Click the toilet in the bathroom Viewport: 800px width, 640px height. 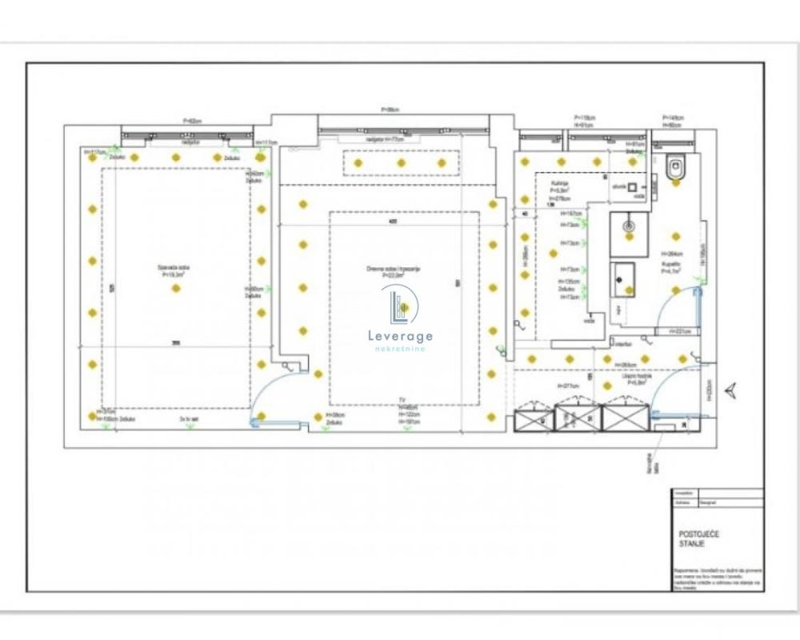(x=675, y=167)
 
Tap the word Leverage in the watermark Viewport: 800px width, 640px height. (x=400, y=336)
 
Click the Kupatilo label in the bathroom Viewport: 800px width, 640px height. (x=670, y=267)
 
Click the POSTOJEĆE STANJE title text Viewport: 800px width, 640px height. (x=691, y=538)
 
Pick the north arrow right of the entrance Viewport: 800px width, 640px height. (x=730, y=390)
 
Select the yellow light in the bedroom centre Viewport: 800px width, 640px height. (x=176, y=288)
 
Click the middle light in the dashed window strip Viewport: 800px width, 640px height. (x=401, y=162)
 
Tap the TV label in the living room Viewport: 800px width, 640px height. (x=403, y=400)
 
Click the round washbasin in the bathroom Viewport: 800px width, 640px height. (x=630, y=226)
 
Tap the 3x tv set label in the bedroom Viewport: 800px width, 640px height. (x=189, y=418)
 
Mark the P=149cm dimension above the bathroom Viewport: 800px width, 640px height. (x=672, y=118)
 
